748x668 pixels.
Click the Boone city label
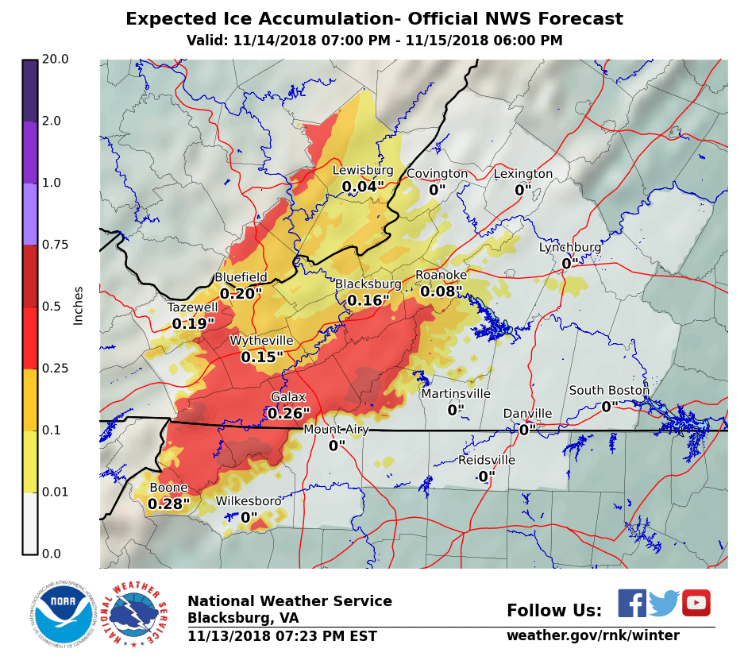point(168,488)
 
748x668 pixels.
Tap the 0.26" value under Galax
point(288,414)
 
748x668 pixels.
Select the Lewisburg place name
point(362,170)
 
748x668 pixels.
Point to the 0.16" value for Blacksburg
point(368,301)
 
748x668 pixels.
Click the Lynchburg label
point(570,247)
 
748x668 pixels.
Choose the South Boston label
point(608,390)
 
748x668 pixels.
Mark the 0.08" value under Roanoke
point(441,292)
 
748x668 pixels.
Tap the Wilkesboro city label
point(249,501)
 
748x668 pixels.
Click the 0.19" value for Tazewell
point(193,324)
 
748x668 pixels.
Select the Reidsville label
point(486,460)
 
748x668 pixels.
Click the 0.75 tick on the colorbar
point(56,245)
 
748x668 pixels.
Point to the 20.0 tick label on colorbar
point(56,60)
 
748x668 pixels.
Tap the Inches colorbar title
point(78,306)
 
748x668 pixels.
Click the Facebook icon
point(632,603)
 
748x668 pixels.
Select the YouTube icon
point(696,603)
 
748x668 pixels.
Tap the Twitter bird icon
point(664,604)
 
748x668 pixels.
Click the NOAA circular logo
point(63,614)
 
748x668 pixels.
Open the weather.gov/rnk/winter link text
point(592,635)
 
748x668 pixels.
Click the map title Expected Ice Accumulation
point(374,19)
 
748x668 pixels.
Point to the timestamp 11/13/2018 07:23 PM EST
point(282,636)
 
